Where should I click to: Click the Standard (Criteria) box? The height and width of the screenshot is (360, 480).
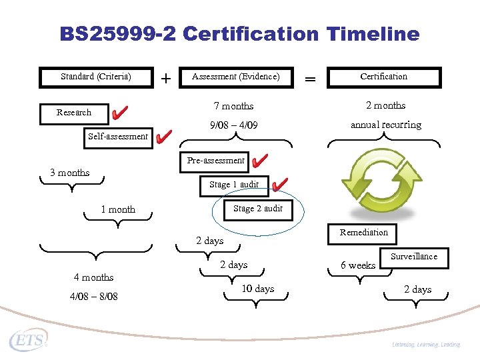(96, 77)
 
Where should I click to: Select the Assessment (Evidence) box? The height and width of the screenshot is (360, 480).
(236, 77)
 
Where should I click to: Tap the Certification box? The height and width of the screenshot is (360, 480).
(383, 77)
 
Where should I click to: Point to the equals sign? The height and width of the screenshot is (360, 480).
(310, 79)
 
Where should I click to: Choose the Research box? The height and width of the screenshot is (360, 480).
(74, 113)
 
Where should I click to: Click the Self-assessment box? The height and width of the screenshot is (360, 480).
(118, 136)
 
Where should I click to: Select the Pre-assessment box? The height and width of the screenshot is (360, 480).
(215, 161)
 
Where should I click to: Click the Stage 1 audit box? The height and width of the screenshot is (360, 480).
(234, 185)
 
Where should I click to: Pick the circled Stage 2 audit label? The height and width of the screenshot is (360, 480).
(258, 209)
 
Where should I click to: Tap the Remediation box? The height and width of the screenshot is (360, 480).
(363, 233)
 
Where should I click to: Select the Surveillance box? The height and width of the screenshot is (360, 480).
(414, 257)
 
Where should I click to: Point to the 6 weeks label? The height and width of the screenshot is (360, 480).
(358, 265)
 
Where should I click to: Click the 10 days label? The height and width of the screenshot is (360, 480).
(257, 289)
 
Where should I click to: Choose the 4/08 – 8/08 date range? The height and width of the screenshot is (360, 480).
(93, 296)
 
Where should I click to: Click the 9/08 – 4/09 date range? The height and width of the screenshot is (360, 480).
(233, 125)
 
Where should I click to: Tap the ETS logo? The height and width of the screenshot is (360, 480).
(29, 341)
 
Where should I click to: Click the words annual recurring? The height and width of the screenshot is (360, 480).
(386, 125)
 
